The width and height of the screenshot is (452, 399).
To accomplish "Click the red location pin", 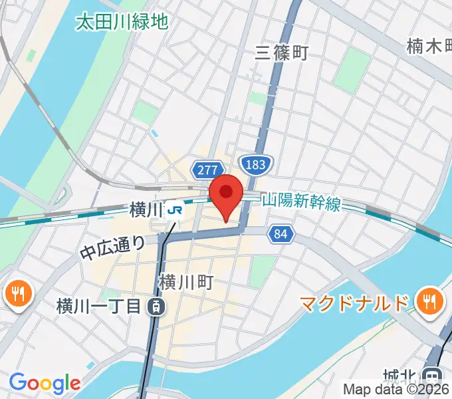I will (226, 193).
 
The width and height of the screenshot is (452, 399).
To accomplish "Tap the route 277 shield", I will (206, 170).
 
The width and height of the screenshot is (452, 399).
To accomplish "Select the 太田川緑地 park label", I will (121, 22).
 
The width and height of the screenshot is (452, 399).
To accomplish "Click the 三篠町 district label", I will (282, 53).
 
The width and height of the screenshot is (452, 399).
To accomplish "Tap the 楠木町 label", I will (429, 47).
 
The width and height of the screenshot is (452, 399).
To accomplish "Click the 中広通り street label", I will (113, 247).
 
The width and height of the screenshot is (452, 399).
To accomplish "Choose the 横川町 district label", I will (185, 283).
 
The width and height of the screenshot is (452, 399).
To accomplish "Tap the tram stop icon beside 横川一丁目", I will (155, 307).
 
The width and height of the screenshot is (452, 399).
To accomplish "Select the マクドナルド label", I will (353, 304).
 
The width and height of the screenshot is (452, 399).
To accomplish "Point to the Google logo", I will (45, 383).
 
